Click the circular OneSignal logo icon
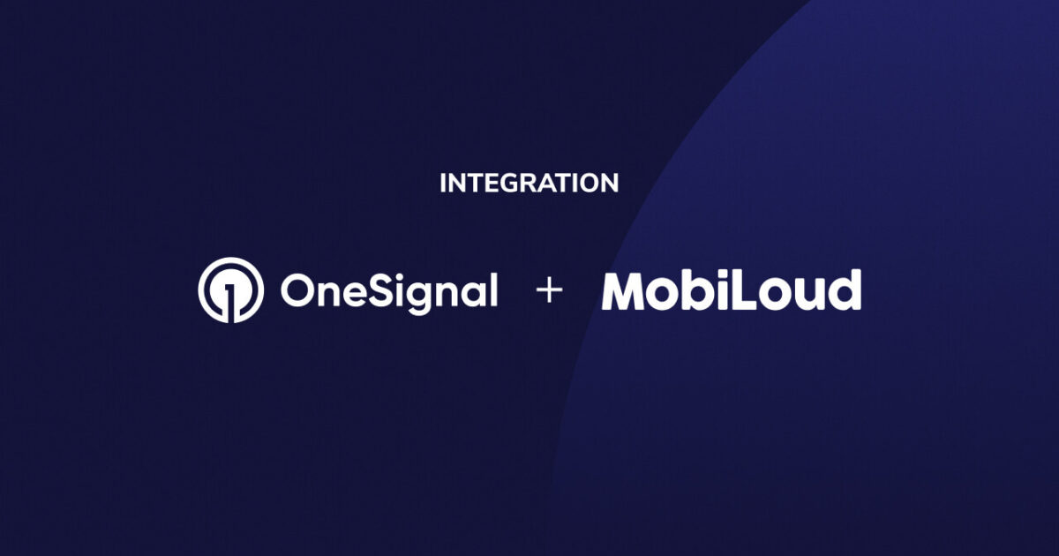tap(230, 289)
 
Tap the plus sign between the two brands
tap(549, 290)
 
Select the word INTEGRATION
tap(529, 184)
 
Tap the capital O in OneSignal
tap(297, 290)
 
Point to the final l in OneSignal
tap(492, 289)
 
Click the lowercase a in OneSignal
tap(470, 294)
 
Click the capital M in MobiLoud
tap(627, 290)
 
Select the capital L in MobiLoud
tap(743, 290)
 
